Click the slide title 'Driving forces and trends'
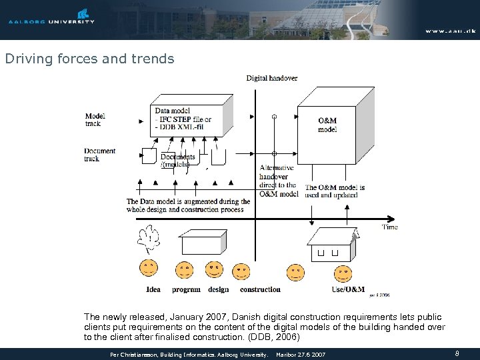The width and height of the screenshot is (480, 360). point(89,59)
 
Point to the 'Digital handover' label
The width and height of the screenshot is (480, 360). point(271,78)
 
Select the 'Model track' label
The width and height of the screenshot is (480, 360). point(95,119)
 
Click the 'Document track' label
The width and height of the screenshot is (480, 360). point(100,155)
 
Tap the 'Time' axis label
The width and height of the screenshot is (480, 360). point(390,227)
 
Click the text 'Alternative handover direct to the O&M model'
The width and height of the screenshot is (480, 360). point(278,181)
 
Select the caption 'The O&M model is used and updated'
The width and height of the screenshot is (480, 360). point(335,191)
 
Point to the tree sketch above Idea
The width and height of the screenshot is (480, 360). point(149,239)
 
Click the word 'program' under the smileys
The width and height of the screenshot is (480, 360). point(186,289)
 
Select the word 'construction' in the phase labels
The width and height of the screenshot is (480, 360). point(260,289)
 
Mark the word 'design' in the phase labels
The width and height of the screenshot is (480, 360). point(218,289)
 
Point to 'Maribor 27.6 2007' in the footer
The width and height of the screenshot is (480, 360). point(300,355)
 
